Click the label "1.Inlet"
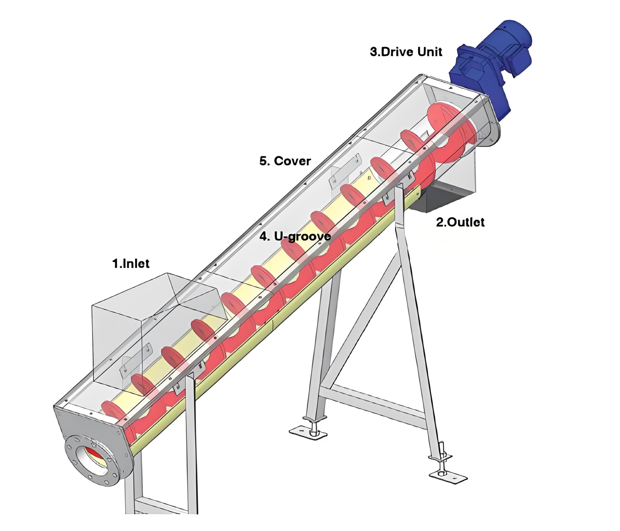click(x=131, y=263)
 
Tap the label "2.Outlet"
click(x=460, y=222)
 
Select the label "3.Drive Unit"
click(x=406, y=52)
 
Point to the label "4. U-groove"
click(x=295, y=237)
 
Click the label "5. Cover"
click(x=285, y=161)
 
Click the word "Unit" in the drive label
click(x=430, y=52)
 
